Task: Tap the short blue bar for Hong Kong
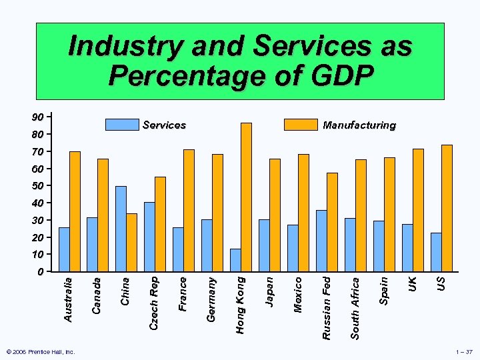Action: (235, 260)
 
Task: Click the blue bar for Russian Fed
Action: (321, 241)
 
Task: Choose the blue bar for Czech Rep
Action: (149, 237)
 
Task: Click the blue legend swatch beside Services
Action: (122, 125)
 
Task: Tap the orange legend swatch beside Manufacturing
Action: (301, 125)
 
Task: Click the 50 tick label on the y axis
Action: (39, 185)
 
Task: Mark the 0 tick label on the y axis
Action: (41, 272)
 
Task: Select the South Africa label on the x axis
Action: (355, 307)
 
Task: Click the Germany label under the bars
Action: (211, 299)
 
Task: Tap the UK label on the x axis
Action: (413, 283)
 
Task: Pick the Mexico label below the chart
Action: (298, 295)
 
